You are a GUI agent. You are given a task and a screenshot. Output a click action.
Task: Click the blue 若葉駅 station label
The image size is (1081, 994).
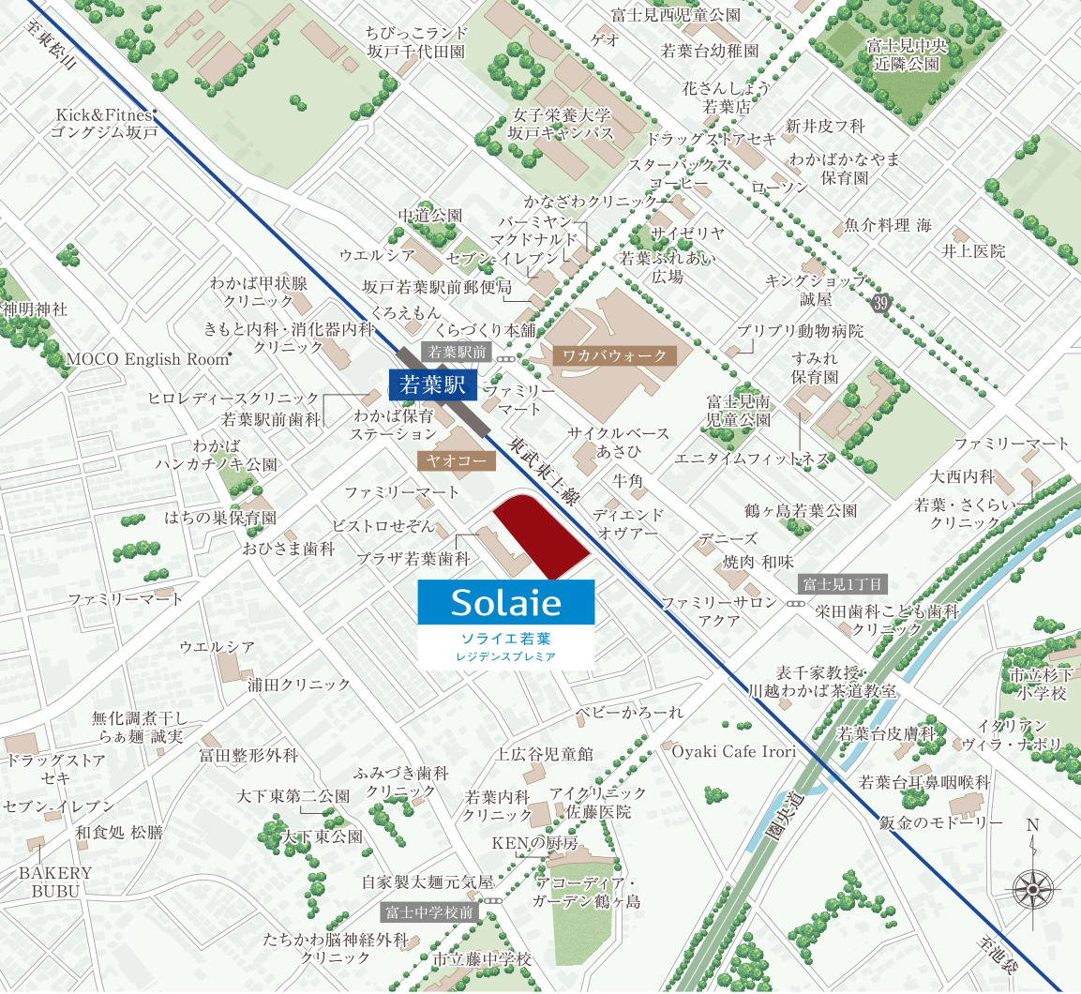pyautogui.click(x=432, y=384)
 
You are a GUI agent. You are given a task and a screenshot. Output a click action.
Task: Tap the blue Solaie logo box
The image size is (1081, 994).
pyautogui.click(x=505, y=601)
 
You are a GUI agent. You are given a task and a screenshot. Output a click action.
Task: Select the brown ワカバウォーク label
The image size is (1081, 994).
pyautogui.click(x=614, y=355)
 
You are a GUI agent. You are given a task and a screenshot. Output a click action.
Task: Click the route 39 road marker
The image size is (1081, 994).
pyautogui.click(x=878, y=302)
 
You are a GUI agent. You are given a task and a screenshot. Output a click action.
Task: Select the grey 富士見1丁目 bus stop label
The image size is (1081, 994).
pyautogui.click(x=843, y=584)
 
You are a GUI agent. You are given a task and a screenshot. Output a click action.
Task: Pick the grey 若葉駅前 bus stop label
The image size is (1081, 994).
pyautogui.click(x=458, y=353)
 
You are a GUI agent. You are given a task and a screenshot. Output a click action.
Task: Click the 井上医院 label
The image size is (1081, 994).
pyautogui.click(x=973, y=251)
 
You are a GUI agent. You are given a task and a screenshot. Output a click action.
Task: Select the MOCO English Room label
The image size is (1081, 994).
pyautogui.click(x=147, y=359)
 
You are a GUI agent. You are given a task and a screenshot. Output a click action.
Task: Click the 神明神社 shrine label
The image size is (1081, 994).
pyautogui.click(x=35, y=309)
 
